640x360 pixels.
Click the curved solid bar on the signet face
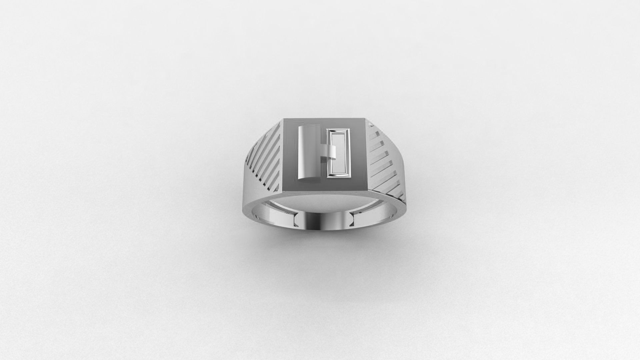pyautogui.click(x=307, y=155)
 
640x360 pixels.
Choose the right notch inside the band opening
pyautogui.click(x=353, y=219)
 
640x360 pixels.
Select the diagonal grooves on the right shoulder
pyautogui.click(x=383, y=160)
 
